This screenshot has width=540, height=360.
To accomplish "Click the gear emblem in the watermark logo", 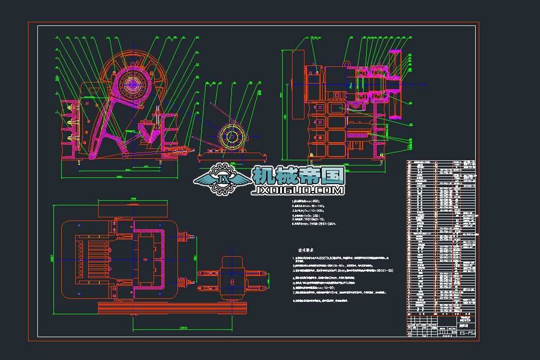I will [x=224, y=179].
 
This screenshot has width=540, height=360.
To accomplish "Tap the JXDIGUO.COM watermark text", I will [x=298, y=191].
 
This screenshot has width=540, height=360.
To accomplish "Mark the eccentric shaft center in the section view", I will [x=133, y=84].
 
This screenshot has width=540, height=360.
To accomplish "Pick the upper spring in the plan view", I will [x=181, y=237].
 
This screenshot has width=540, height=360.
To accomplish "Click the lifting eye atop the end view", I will [x=342, y=64].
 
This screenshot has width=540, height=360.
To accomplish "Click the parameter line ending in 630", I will [x=306, y=201].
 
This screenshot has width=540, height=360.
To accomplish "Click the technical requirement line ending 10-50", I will [x=318, y=287].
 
